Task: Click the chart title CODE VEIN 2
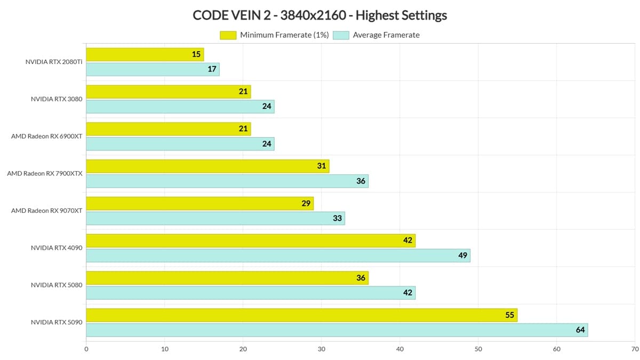[x=319, y=15]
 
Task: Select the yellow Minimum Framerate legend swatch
[x=228, y=35]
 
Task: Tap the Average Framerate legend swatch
[x=341, y=35]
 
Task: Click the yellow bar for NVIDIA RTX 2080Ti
[x=145, y=54]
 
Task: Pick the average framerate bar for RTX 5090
[x=337, y=330]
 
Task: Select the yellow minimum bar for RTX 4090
[x=251, y=241]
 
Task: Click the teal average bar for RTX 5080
[x=251, y=293]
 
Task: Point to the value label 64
[x=580, y=330]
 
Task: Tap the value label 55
[x=510, y=315]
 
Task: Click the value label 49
[x=462, y=255]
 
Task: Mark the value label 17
[x=212, y=69]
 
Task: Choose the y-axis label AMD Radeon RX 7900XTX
[x=45, y=173]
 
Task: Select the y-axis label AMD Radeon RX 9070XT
[x=47, y=211]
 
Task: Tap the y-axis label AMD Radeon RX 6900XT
[x=47, y=136]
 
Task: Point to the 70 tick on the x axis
[x=634, y=349]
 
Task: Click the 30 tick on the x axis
[x=322, y=349]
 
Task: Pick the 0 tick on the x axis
[x=86, y=349]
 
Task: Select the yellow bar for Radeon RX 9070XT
[x=199, y=203]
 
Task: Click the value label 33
[x=337, y=218]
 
